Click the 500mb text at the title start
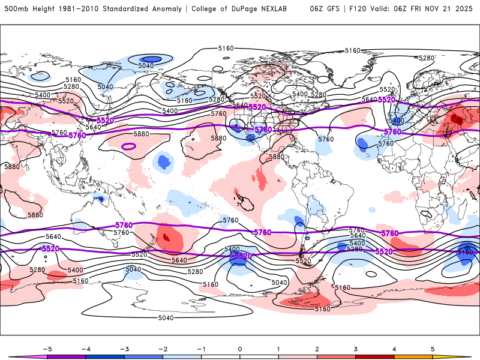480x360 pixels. click(16, 9)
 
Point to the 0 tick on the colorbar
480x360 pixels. click(240, 348)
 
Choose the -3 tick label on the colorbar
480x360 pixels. click(124, 348)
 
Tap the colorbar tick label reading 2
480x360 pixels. click(317, 348)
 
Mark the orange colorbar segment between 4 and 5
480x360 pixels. click(413, 356)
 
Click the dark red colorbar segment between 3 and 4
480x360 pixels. click(375, 356)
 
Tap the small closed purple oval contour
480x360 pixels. click(128, 146)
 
